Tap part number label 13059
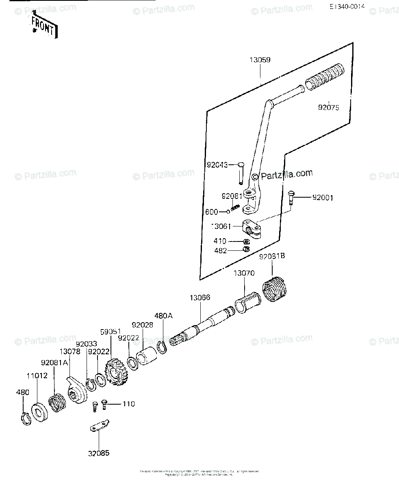click(260, 60)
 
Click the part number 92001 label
click(323, 198)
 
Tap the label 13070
click(244, 273)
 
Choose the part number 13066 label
click(199, 298)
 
